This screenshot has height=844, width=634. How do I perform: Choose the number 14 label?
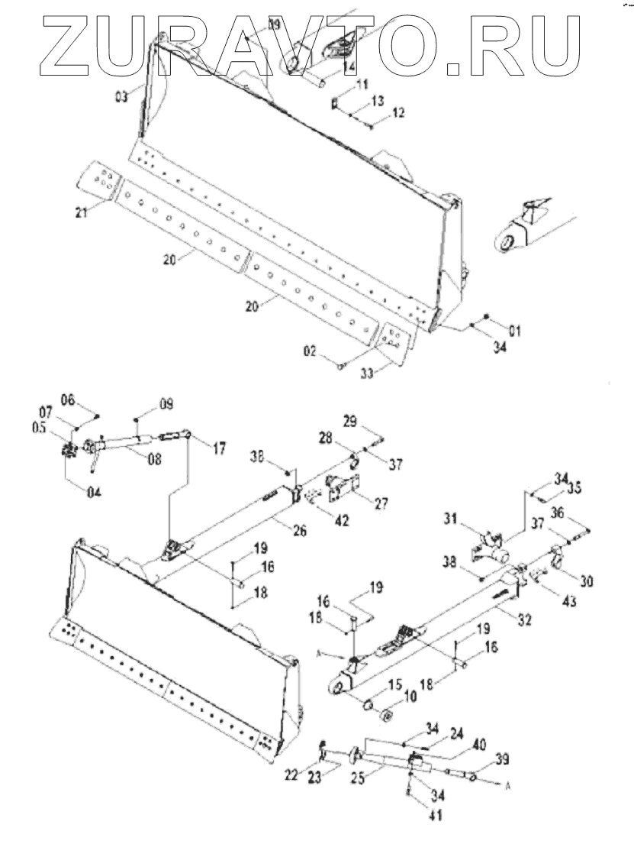[348, 67]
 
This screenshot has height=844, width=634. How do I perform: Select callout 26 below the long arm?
[299, 529]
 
